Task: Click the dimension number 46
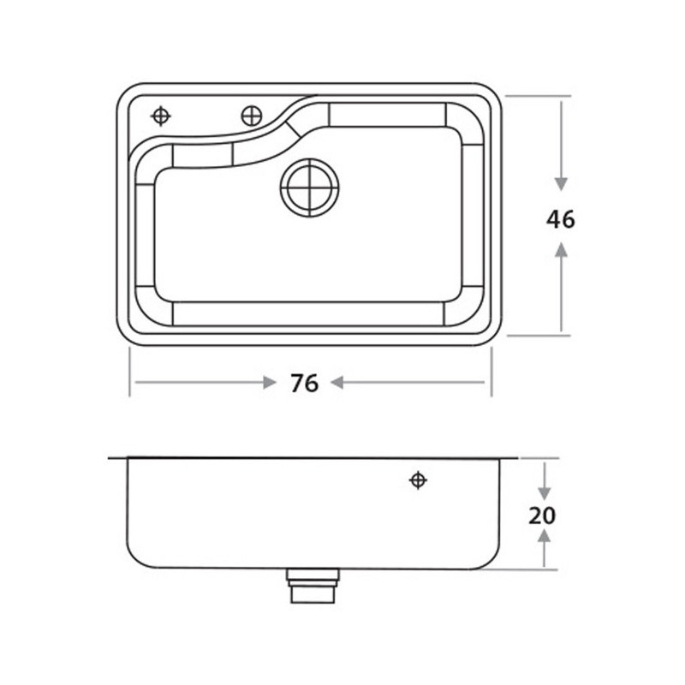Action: pos(561,219)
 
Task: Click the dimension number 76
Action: pos(305,384)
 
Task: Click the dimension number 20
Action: pos(542,516)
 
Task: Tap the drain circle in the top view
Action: pos(310,188)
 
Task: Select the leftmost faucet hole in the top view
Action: pos(161,116)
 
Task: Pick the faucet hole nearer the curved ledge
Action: pos(252,116)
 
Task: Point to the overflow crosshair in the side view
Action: pos(418,480)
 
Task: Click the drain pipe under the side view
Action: pos(313,586)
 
